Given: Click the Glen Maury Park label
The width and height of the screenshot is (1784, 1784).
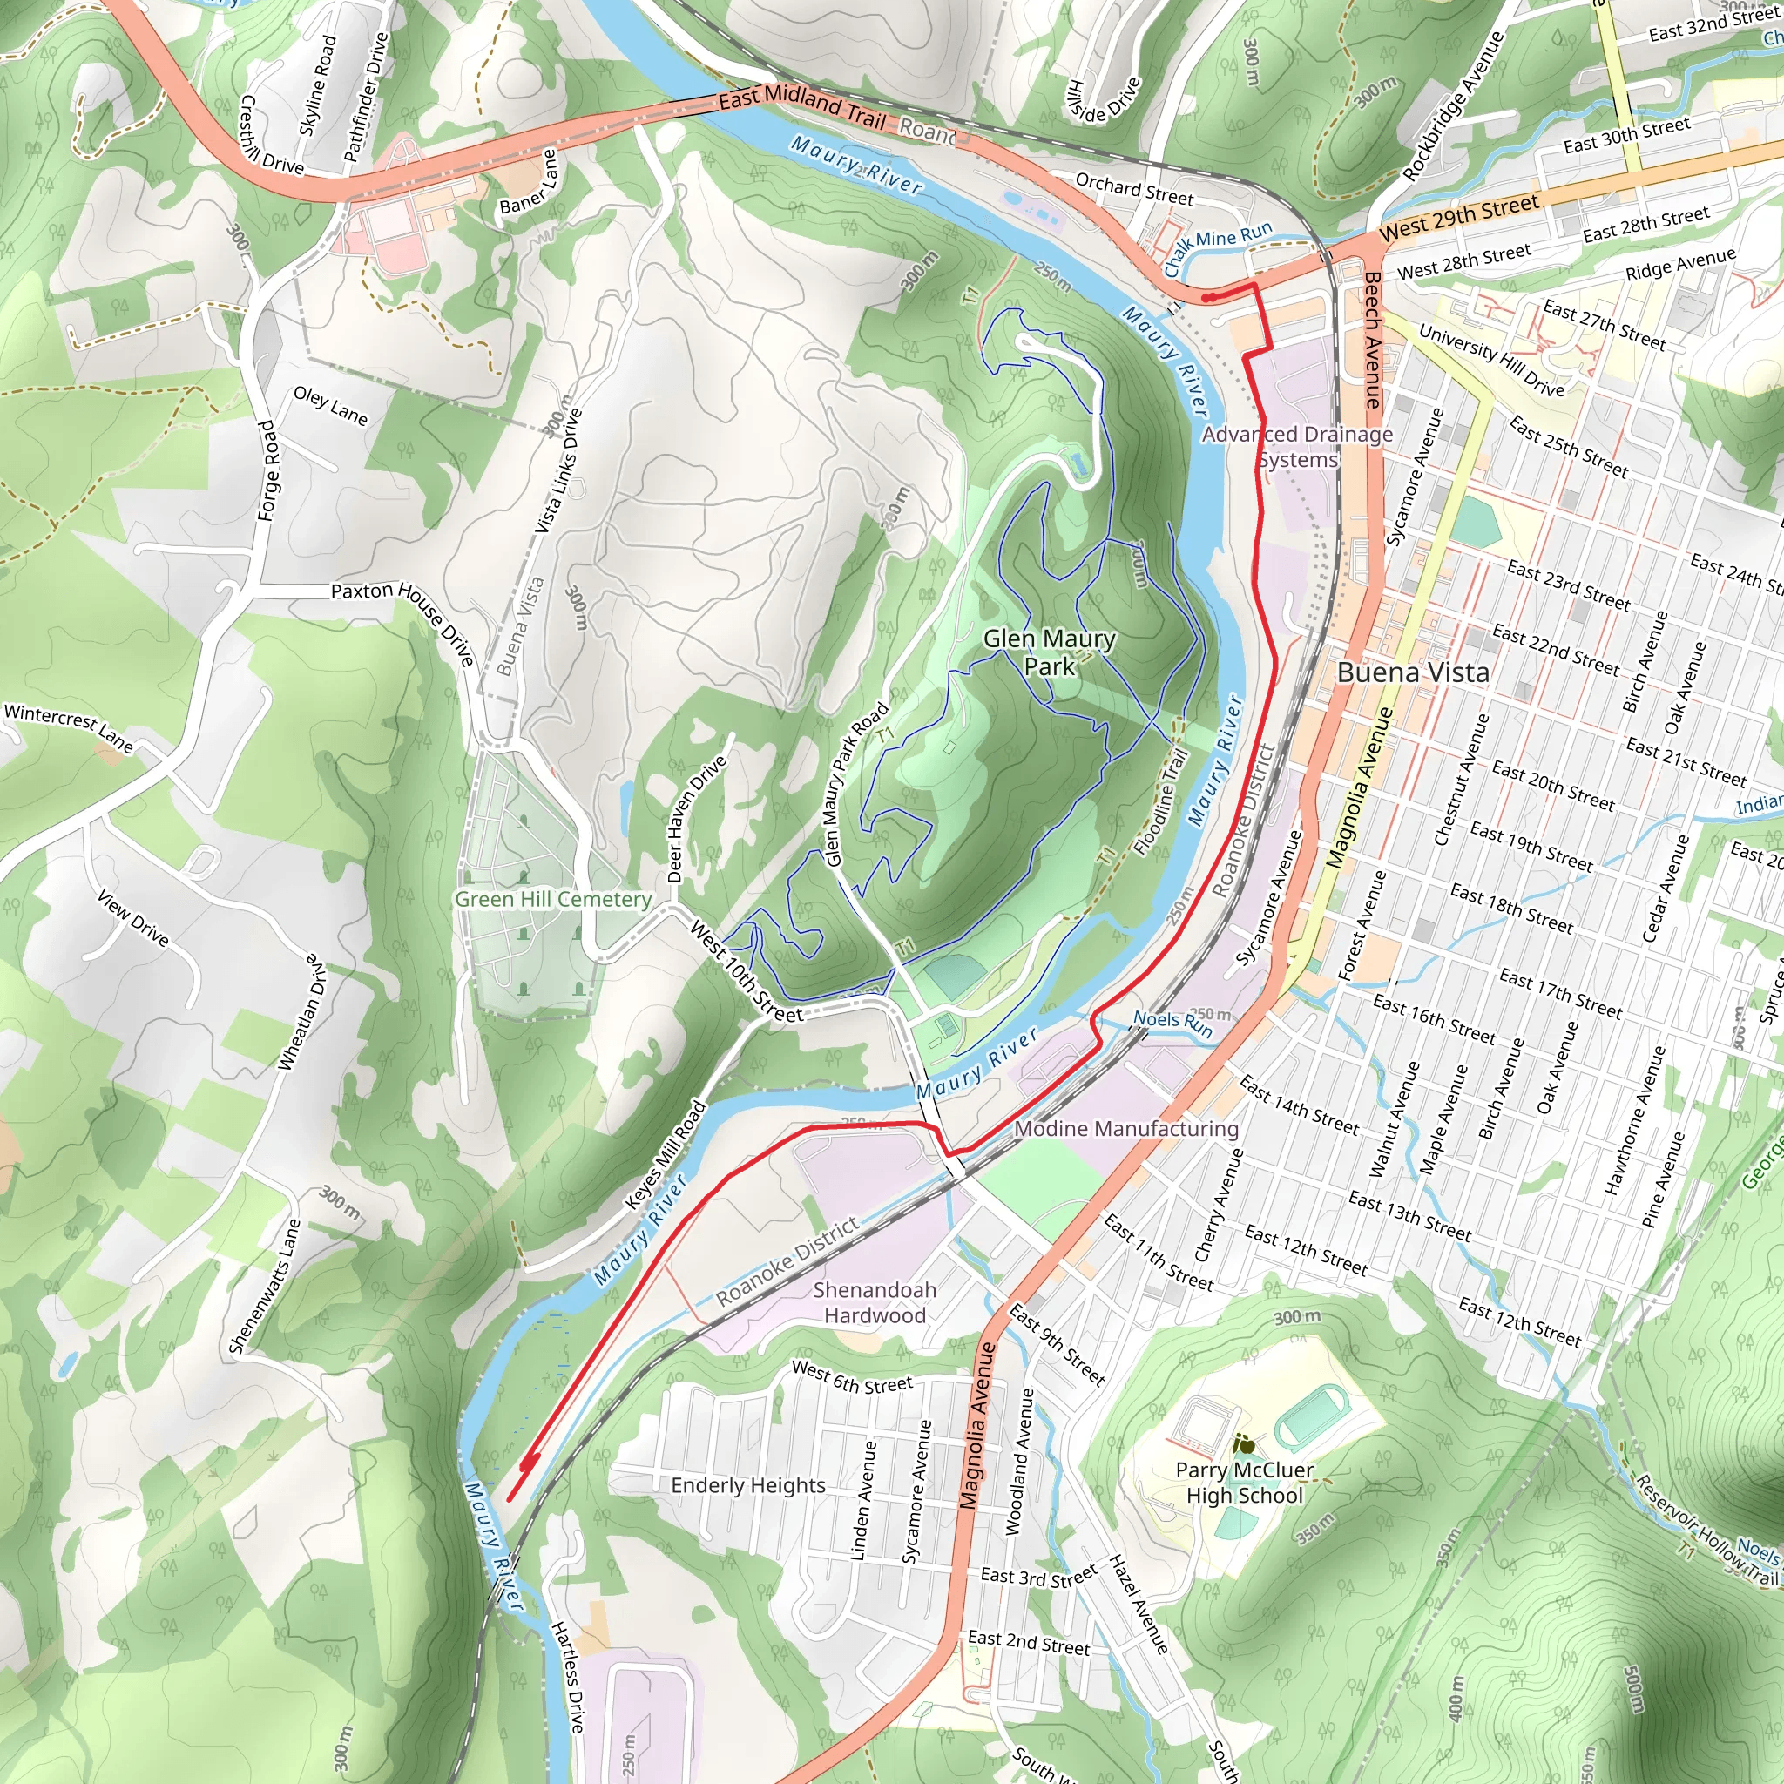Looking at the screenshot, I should pos(1049,652).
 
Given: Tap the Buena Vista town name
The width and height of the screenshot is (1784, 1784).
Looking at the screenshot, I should pos(1413,672).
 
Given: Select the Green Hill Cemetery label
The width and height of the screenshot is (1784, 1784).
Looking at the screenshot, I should pos(553,899).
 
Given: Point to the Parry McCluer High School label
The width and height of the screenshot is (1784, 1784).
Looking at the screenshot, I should pos(1244,1482).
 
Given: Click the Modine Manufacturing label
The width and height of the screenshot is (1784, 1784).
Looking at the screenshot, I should pos(1125,1128).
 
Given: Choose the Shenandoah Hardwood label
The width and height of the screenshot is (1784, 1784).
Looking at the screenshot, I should pos(875,1302).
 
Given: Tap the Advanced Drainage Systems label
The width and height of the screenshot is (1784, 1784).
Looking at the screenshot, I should pos(1296,447).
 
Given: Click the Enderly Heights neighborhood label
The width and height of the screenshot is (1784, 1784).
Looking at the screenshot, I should pos(748,1485).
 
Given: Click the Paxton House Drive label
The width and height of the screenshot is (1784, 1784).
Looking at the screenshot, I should pos(403,621).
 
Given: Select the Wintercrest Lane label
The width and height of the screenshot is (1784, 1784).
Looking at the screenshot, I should pos(68,727).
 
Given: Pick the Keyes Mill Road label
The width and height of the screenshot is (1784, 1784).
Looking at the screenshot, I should pos(665,1154).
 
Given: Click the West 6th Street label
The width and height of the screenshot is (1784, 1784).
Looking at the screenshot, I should pos(851,1378).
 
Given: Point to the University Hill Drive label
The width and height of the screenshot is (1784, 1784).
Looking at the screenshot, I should pos(1490,360).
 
